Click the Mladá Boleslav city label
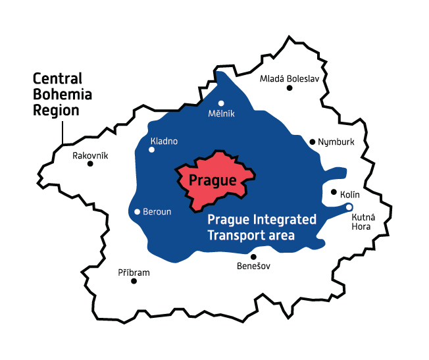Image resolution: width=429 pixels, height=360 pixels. click(289, 79)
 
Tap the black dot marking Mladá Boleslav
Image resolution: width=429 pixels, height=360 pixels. click(289, 88)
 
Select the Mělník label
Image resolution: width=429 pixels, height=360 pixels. click(221, 114)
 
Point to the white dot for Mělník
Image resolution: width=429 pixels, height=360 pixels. click(221, 103)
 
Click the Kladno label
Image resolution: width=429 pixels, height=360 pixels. click(164, 141)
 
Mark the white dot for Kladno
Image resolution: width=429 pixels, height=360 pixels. click(151, 150)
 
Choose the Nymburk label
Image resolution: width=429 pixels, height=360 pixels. click(336, 142)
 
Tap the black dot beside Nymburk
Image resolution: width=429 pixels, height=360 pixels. click(313, 141)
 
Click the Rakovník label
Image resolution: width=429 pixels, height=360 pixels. click(90, 156)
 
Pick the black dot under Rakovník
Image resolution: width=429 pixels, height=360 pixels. click(90, 164)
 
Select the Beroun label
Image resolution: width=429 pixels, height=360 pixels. click(157, 212)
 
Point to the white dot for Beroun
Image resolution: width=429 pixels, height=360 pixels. click(137, 212)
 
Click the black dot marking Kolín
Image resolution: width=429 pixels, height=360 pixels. click(334, 193)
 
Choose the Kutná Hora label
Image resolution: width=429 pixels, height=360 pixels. click(361, 222)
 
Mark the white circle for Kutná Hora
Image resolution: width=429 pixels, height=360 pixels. click(349, 208)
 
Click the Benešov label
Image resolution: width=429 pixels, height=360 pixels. click(253, 267)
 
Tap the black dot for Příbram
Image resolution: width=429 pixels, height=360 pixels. click(134, 281)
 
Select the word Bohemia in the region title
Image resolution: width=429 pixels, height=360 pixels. click(63, 95)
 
